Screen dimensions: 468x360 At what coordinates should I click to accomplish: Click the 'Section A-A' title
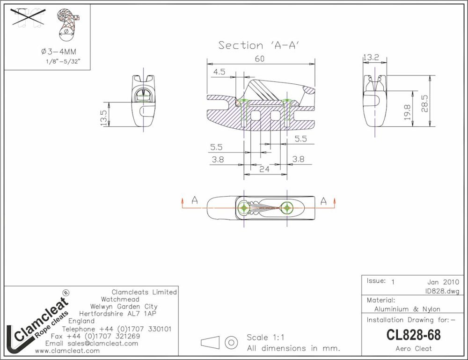[x=259, y=45]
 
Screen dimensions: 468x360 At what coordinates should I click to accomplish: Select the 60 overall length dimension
[x=260, y=59]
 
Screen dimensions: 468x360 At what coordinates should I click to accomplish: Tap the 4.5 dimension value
[x=219, y=72]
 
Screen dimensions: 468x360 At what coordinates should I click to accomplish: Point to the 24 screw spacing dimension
[x=264, y=169]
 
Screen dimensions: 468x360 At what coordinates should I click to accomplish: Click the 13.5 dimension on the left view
[x=103, y=118]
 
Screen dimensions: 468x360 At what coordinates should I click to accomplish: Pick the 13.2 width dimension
[x=371, y=57]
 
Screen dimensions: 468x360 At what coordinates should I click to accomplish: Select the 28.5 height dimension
[x=424, y=103]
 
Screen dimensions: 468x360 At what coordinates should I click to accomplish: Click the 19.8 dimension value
[x=408, y=112]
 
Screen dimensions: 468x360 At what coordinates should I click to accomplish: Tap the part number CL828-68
[x=413, y=335]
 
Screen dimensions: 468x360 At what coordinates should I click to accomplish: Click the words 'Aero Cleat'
[x=414, y=348]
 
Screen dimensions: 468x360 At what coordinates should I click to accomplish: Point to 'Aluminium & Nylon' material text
[x=407, y=309]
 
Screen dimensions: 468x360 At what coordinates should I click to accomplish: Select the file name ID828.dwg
[x=442, y=291]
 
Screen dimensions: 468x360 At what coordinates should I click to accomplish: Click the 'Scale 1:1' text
[x=265, y=338]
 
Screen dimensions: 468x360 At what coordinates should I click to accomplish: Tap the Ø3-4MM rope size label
[x=58, y=51]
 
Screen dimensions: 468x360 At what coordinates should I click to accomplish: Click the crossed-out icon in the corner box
[x=28, y=19]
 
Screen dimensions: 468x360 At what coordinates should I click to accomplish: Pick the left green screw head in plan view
[x=244, y=207]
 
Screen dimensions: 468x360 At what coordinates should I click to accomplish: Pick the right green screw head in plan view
[x=287, y=207]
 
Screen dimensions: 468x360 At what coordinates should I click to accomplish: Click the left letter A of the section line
[x=195, y=200]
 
